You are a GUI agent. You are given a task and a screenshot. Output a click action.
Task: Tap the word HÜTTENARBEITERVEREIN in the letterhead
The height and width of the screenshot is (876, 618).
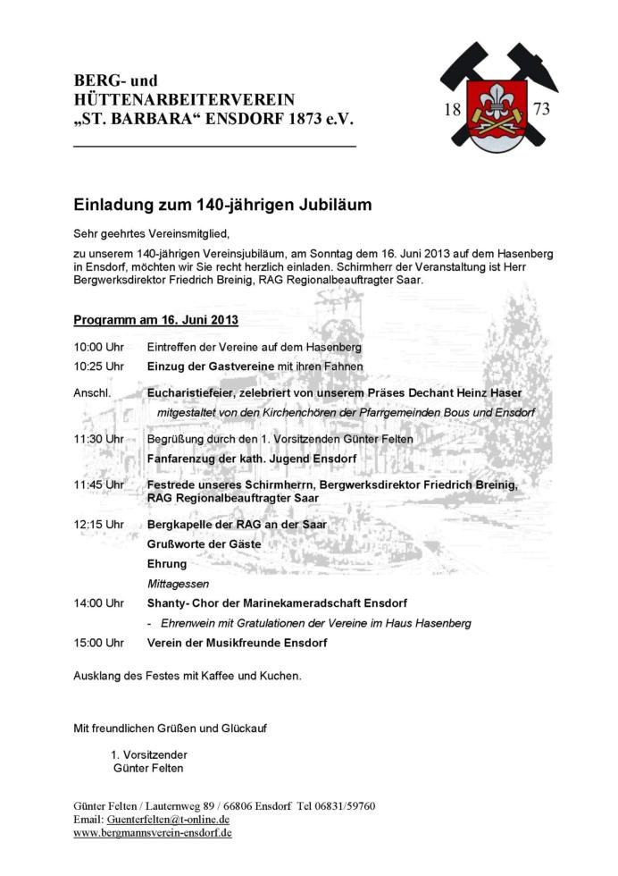184,99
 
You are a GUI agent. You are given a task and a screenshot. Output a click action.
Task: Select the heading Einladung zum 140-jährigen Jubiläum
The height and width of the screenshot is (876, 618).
222,205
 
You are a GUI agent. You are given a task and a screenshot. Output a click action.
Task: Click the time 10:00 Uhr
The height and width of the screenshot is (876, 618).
98,347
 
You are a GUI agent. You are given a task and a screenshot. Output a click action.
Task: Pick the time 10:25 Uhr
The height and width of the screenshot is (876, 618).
98,366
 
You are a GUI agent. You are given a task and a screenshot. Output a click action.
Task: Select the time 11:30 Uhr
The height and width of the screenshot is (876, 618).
98,439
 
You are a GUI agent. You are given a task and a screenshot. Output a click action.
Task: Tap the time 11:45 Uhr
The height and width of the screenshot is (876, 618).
98,484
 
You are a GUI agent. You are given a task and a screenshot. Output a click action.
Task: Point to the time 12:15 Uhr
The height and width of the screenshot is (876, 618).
98,525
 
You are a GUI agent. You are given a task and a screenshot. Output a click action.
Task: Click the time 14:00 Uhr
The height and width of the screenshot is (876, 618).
98,603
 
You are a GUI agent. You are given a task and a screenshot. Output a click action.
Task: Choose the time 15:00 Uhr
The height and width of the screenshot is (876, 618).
98,643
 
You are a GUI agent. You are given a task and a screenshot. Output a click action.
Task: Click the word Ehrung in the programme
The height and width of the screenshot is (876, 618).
167,564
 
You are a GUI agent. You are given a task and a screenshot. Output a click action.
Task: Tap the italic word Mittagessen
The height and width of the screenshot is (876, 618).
178,584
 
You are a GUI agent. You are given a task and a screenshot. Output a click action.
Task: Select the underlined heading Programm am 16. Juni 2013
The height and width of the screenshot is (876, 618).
155,320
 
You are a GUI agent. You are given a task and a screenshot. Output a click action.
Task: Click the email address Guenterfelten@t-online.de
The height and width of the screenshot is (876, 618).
168,819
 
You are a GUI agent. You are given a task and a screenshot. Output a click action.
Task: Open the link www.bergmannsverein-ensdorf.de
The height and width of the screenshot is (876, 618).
153,832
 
